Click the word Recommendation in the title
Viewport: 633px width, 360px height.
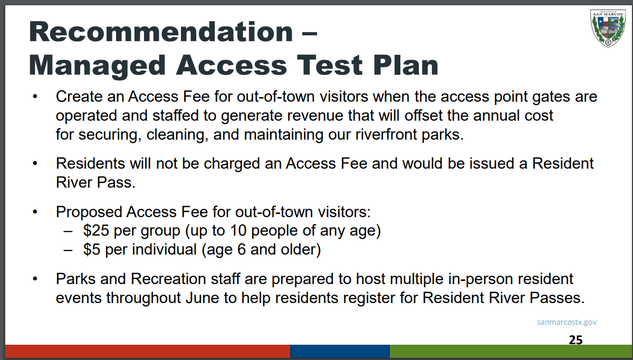161,32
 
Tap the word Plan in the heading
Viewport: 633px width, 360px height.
406,65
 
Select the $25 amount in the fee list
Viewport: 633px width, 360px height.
96,230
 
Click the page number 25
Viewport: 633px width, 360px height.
576,340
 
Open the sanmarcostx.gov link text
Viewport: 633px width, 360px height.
567,322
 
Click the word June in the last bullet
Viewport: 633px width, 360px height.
203,298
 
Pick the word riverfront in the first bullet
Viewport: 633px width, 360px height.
386,134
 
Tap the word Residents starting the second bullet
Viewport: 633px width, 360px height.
90,163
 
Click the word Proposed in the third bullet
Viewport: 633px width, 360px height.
89,212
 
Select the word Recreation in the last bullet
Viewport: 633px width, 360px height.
168,279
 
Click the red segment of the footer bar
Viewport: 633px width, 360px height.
148,351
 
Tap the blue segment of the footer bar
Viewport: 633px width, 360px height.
340,351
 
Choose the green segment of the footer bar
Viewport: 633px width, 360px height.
511,351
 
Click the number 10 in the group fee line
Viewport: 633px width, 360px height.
238,230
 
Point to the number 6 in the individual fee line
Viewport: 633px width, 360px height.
242,249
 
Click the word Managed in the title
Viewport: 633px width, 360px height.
97,66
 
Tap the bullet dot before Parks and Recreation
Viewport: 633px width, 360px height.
35,279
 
